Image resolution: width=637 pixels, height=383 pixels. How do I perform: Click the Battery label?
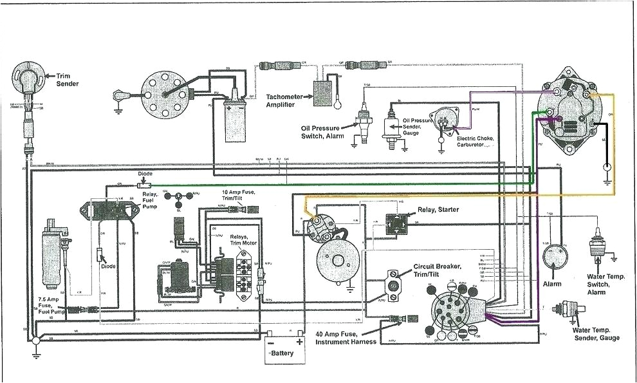click(x=282, y=353)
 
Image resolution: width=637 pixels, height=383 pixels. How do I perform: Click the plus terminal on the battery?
click(x=299, y=342)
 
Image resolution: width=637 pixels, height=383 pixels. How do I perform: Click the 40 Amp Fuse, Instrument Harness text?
click(x=346, y=337)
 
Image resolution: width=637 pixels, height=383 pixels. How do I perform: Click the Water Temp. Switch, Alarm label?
click(x=605, y=284)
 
